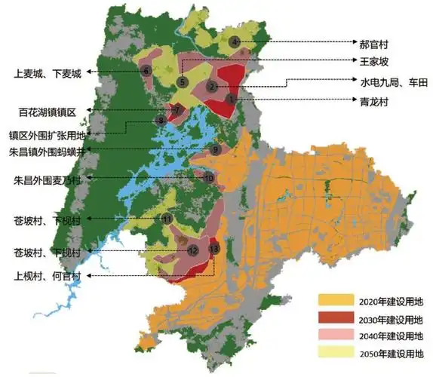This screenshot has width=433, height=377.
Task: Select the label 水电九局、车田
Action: tap(385, 82)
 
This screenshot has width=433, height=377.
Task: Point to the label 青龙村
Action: tap(374, 100)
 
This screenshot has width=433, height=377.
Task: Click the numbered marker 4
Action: tap(235, 42)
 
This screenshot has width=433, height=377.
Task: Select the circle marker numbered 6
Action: tap(146, 71)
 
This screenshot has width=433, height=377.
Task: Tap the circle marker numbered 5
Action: tap(182, 81)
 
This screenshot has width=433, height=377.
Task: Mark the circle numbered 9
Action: tap(216, 150)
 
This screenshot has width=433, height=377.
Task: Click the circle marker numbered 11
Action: tap(167, 219)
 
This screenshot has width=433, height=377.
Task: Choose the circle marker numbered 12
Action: tap(193, 250)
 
